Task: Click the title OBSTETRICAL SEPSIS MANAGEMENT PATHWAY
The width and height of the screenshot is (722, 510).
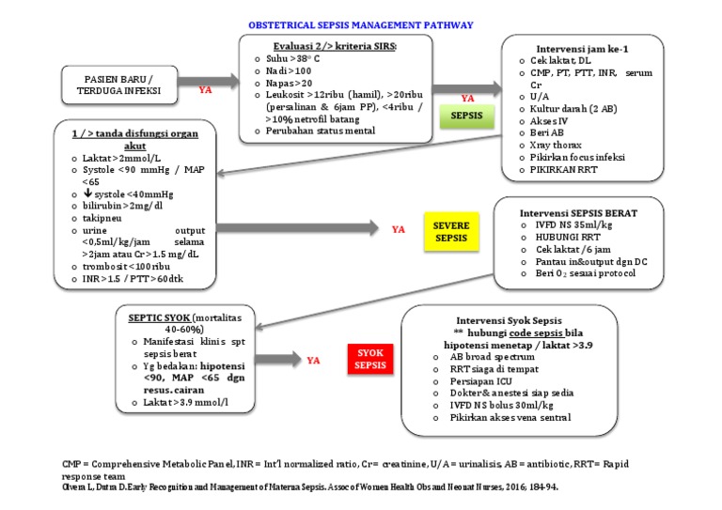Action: pos(360,25)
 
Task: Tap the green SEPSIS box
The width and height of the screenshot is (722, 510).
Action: pos(467,116)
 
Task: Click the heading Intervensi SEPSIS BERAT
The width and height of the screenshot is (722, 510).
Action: pos(579,213)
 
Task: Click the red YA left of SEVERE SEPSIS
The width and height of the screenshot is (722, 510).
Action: pos(399,229)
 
